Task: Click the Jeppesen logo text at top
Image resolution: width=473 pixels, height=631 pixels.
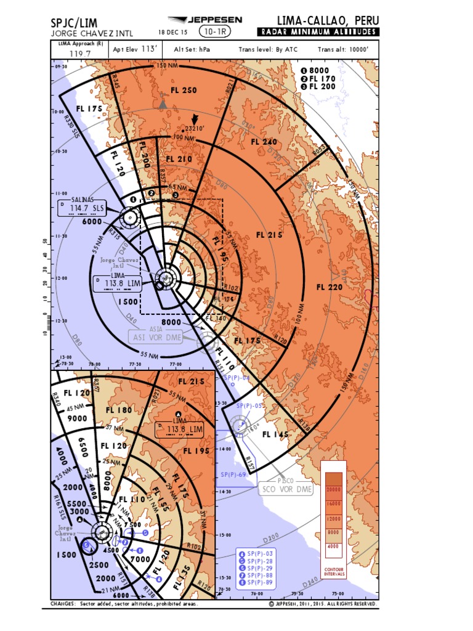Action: pos(213,20)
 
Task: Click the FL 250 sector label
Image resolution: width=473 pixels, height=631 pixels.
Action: pos(184,90)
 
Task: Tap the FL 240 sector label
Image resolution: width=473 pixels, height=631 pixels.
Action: pos(264,142)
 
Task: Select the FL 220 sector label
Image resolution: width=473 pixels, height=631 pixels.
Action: pos(329,287)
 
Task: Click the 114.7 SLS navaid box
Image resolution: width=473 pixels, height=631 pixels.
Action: pos(82,208)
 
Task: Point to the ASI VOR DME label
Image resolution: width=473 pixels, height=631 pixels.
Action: pos(156,337)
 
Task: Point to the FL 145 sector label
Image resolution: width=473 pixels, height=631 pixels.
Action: pos(275,434)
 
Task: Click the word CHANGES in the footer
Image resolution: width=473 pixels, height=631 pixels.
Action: pos(63,604)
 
